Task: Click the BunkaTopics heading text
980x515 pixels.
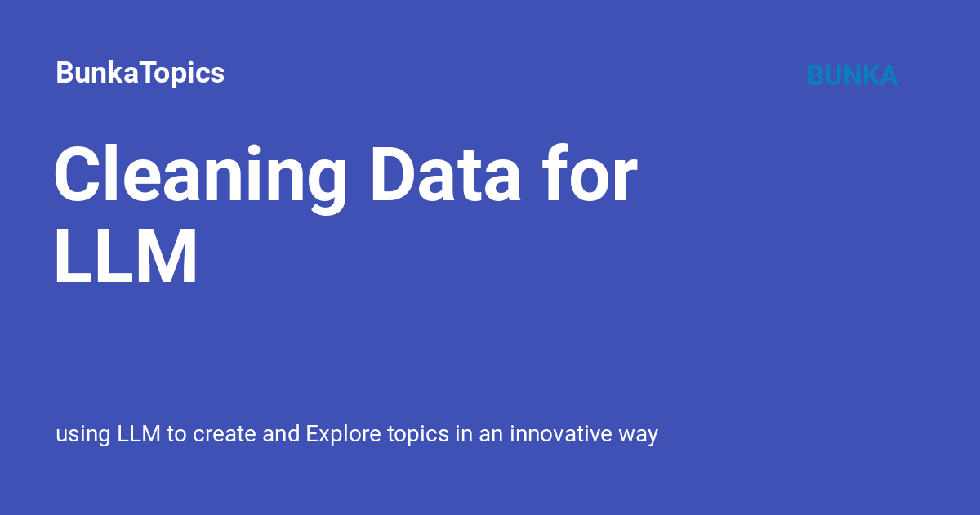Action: click(140, 73)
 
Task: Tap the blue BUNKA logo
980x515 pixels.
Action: click(853, 75)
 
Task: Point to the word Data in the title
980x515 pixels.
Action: click(446, 174)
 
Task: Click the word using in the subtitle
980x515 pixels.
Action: click(83, 435)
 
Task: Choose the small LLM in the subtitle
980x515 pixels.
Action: click(139, 433)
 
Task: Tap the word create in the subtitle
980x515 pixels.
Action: click(225, 434)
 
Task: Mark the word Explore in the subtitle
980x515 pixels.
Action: click(344, 435)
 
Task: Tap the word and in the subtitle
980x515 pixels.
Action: click(281, 433)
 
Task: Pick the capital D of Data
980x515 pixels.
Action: click(393, 174)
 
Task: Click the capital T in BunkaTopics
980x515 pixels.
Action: click(152, 72)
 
